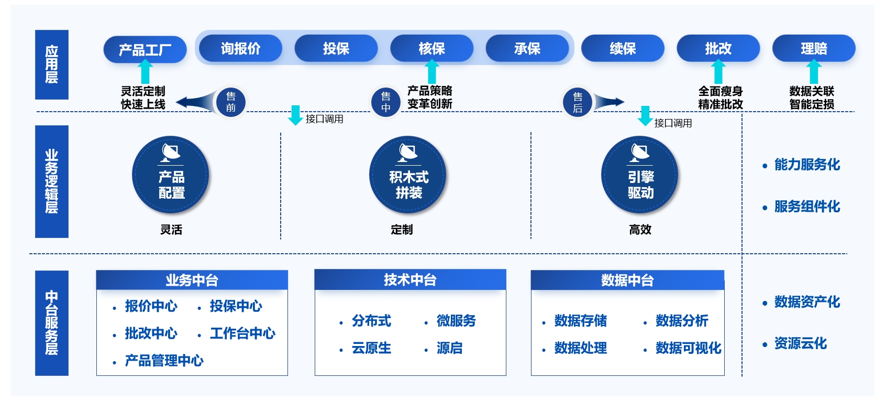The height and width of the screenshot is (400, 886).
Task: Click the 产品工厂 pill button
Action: pos(145,50)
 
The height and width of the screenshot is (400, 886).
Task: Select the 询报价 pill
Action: pos(240,49)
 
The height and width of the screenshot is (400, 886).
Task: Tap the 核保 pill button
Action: pos(431,49)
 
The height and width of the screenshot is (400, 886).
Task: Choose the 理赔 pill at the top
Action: pos(814,49)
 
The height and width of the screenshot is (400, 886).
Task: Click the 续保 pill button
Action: pos(623,49)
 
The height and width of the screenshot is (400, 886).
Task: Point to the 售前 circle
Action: pos(230,102)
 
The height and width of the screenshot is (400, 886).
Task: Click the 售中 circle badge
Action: pos(386,102)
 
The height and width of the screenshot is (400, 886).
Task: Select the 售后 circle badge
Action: pos(578,102)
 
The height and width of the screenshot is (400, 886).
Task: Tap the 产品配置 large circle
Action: pos(171,175)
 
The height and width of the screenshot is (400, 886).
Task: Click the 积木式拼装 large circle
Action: pos(408,175)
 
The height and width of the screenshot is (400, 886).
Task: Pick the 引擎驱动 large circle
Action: pos(640,175)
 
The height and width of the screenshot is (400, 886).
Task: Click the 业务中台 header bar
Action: pos(192,280)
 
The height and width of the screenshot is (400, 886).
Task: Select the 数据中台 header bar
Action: pos(627,280)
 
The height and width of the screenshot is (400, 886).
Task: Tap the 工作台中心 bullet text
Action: pos(242,333)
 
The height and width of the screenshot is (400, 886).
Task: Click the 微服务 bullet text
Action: pos(456,321)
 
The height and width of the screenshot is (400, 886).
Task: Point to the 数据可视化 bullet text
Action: pos(688,348)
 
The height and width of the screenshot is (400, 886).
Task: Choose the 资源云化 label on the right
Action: pos(800,344)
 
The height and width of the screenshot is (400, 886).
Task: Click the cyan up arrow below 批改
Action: pos(718,72)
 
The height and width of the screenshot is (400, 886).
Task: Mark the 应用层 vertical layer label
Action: pos(51,64)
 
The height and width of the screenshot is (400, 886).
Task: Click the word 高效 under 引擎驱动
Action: pos(640,230)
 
